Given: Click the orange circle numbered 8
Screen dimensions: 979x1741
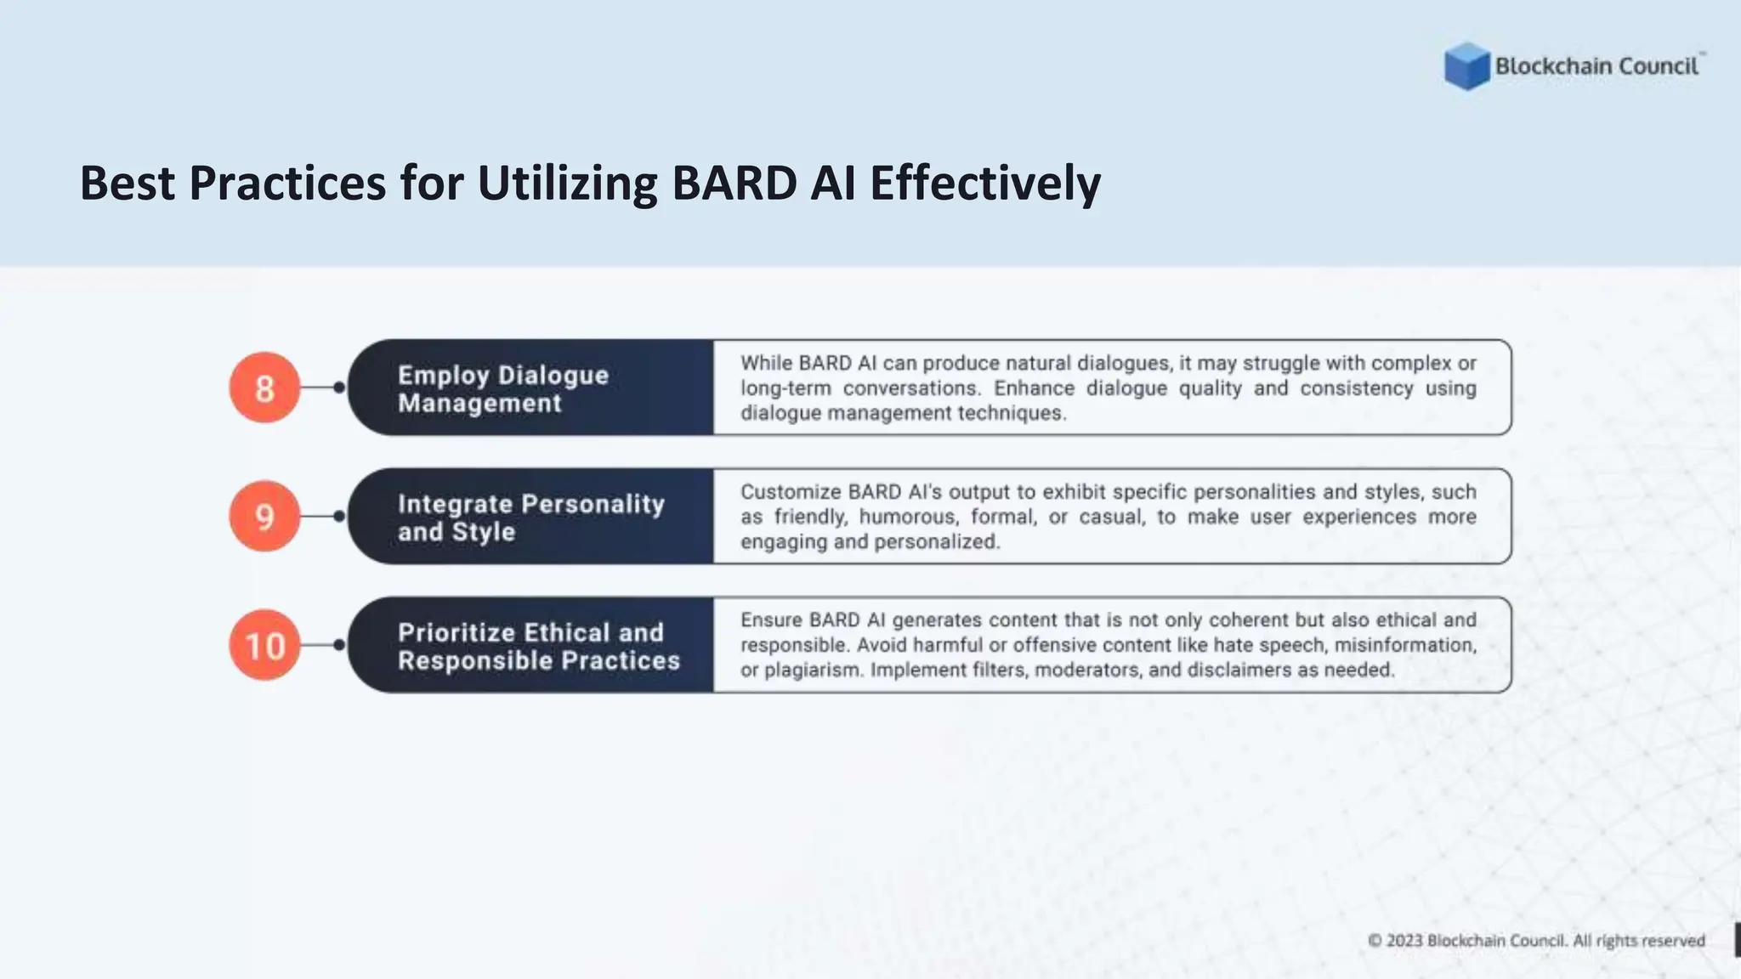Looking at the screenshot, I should pos(264,388).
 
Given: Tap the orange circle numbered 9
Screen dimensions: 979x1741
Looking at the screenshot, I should pos(264,517).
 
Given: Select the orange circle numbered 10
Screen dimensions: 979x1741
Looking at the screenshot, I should pos(264,645).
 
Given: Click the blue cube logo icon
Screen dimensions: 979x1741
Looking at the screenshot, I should pos(1466,66).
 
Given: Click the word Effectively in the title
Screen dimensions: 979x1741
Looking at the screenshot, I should pos(984,183).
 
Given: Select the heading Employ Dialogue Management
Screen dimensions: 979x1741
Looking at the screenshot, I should pos(502,388).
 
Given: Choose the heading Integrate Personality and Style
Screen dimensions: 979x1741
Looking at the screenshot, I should pos(530,517).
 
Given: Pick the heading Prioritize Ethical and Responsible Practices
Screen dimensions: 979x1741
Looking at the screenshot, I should pos(538,646).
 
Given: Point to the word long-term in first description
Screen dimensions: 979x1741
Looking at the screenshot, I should pos(785,388).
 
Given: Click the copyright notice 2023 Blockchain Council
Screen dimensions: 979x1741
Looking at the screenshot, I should pos(1535,941).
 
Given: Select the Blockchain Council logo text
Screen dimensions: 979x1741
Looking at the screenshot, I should pos(1596,66).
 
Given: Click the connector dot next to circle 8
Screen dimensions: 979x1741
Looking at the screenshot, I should pos(339,388).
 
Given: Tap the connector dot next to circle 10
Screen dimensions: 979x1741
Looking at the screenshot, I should pos(339,645).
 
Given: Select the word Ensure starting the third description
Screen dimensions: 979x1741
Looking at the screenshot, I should pos(770,620).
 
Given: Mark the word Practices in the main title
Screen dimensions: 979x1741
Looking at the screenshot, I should pos(287,183).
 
